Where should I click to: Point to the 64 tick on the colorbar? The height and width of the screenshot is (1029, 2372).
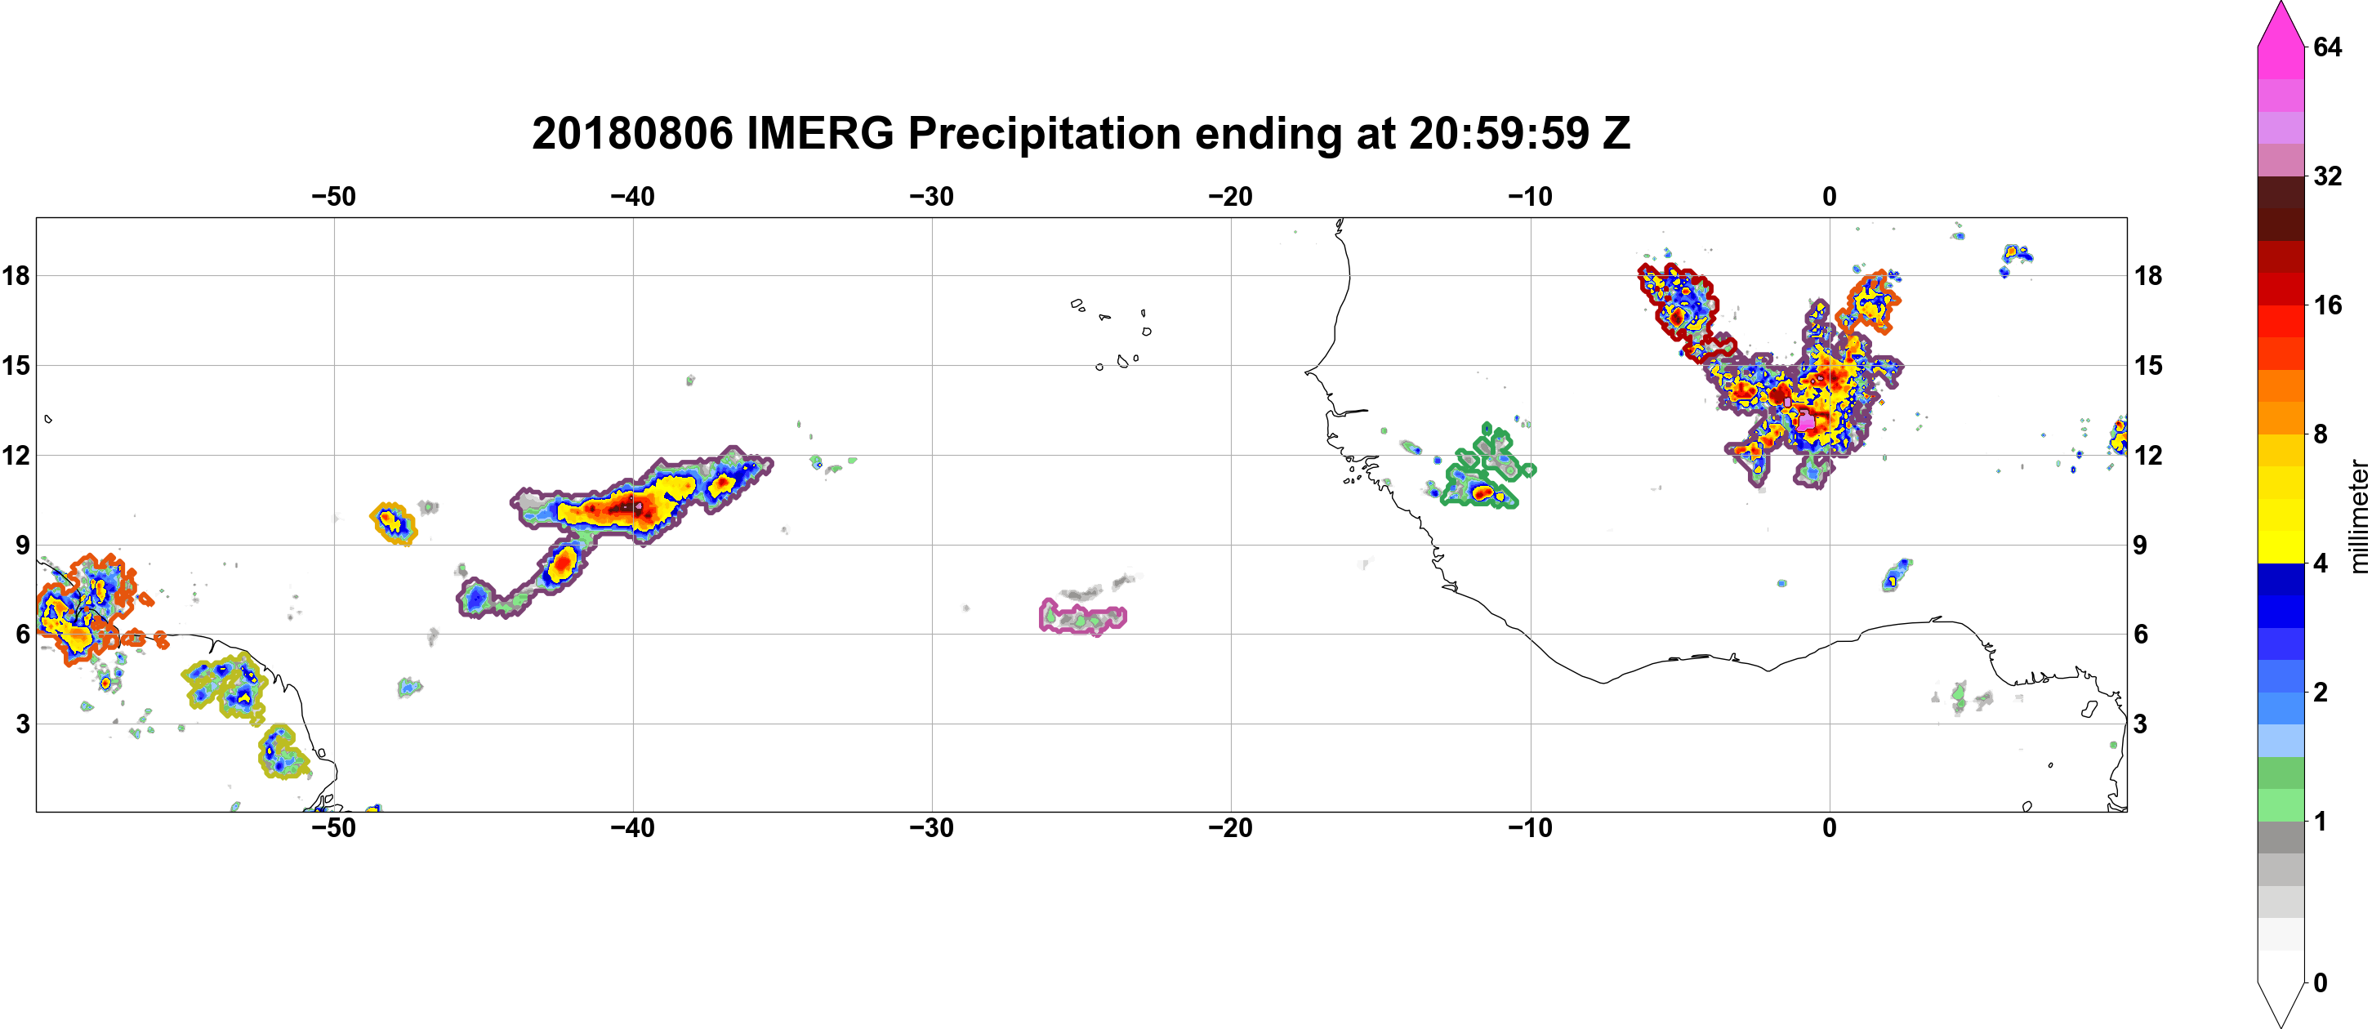click(x=2327, y=47)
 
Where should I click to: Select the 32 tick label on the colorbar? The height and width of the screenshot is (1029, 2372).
click(x=2327, y=176)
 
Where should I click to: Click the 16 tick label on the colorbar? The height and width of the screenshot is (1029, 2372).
click(x=2327, y=305)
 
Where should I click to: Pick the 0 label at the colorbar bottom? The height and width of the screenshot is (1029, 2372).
click(x=2321, y=983)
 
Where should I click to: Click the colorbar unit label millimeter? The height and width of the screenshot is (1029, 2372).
click(x=2358, y=517)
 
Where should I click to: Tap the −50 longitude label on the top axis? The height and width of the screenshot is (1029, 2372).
click(x=333, y=196)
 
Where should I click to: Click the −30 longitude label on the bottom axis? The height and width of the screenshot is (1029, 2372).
click(x=932, y=828)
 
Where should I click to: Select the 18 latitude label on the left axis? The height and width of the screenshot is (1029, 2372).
click(x=16, y=275)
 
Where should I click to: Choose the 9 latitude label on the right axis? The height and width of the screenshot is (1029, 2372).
click(x=2141, y=545)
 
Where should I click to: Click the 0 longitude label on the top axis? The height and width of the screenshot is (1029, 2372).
click(x=1830, y=196)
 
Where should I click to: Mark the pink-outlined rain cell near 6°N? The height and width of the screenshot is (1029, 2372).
click(x=1083, y=617)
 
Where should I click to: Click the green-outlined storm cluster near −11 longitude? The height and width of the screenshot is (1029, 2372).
click(x=1484, y=470)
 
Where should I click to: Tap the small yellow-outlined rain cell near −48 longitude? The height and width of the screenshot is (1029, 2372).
click(x=393, y=523)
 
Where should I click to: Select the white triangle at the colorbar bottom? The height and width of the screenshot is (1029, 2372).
click(x=2281, y=1003)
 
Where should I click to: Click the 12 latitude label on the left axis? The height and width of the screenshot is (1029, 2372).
click(x=16, y=455)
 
